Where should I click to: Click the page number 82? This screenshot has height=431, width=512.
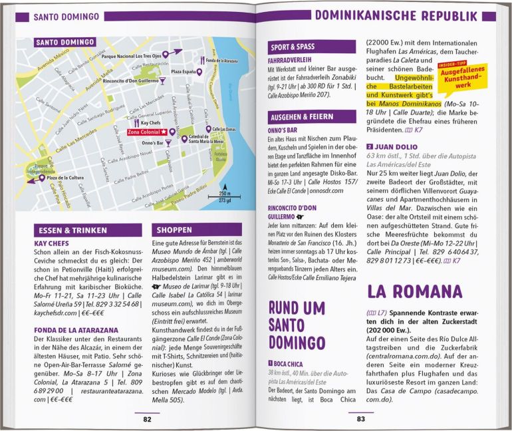coord(147,418)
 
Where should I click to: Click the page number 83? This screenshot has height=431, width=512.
coord(361,418)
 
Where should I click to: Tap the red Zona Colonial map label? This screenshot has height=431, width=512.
coord(148,132)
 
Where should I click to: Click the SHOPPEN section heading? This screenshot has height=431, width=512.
coord(175,230)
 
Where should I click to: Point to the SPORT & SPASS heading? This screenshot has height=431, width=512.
coord(292,47)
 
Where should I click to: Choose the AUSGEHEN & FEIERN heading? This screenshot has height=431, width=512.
coord(301,116)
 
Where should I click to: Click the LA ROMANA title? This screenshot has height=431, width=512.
coord(414,291)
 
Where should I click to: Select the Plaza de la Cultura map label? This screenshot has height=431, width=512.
coord(70,178)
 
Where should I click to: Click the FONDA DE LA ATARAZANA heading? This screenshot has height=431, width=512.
coord(76,329)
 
